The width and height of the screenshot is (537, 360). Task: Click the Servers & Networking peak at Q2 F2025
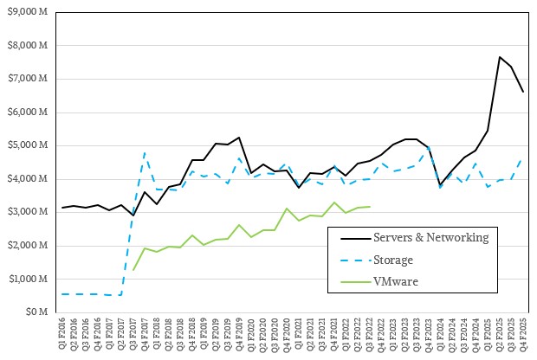click(x=500, y=57)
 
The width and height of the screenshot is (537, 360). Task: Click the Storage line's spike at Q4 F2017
click(x=144, y=153)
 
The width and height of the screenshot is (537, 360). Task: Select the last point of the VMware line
click(x=369, y=207)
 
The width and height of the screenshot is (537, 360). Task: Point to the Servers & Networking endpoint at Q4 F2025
click(x=523, y=92)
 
